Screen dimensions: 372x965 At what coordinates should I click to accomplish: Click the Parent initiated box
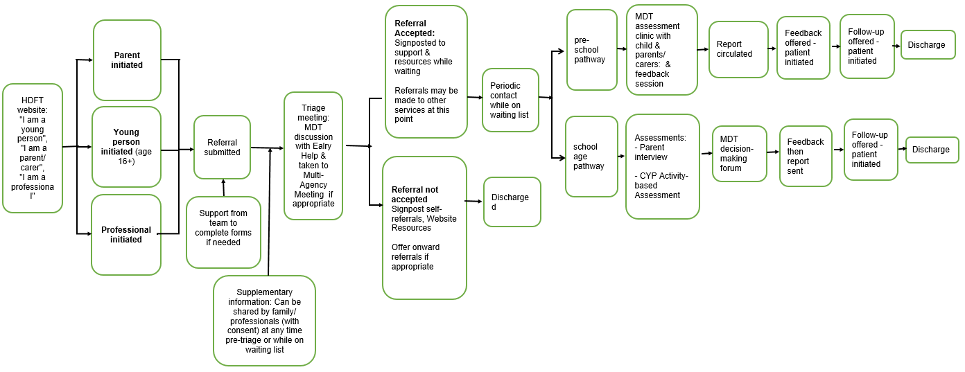[x=127, y=60]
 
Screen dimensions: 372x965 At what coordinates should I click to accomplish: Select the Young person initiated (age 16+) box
[x=126, y=147]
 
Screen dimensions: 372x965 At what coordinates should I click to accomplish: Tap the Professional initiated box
[x=126, y=235]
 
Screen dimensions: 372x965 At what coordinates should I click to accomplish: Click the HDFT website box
[x=33, y=148]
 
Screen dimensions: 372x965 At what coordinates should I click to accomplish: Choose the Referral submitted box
[x=222, y=147]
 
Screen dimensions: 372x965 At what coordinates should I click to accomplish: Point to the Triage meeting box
[x=313, y=156]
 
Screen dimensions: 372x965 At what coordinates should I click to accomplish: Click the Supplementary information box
[x=264, y=321]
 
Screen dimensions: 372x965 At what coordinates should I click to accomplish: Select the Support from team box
[x=223, y=232]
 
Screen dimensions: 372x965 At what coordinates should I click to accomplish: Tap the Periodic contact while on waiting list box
[x=510, y=100]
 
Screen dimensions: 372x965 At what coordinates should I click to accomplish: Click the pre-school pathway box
[x=591, y=50]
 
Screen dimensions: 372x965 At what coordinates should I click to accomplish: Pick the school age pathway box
[x=591, y=157]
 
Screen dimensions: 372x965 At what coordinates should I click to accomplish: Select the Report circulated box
[x=738, y=49]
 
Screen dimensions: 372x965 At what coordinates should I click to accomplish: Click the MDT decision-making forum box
[x=739, y=154]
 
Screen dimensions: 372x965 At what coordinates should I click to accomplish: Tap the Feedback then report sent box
[x=806, y=156]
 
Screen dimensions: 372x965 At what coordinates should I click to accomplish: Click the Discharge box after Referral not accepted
[x=512, y=202]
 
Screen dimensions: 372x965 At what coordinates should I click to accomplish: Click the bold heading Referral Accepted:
[x=415, y=28]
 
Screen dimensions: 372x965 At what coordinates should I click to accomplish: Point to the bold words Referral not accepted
[x=415, y=194]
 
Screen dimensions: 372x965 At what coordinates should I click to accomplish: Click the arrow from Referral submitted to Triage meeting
[x=267, y=148]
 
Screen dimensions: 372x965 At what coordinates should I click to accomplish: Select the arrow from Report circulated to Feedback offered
[x=772, y=48]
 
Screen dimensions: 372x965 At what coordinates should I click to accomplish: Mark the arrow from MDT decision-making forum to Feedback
[x=773, y=152]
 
